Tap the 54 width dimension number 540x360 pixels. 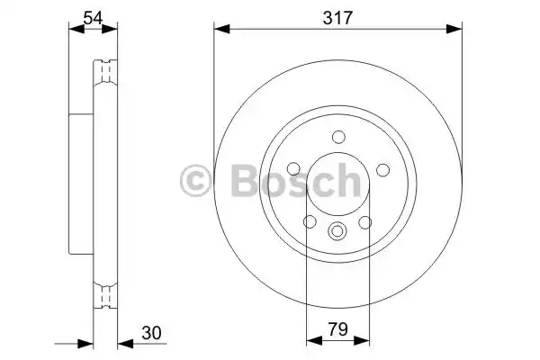pos(93,15)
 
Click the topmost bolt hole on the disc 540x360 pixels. pos(338,137)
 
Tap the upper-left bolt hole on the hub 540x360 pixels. pos(293,170)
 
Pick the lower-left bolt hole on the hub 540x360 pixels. pos(310,222)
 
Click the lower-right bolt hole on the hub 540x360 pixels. pos(366,222)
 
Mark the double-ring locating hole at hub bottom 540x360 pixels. pos(338,231)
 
